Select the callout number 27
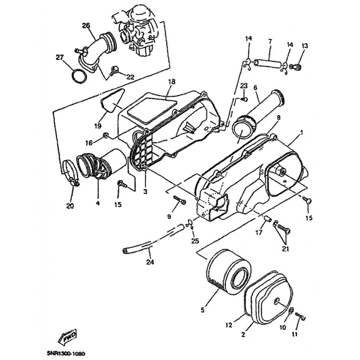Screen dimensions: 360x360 pyautogui.click(x=60, y=58)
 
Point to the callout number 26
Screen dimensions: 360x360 pyautogui.click(x=86, y=26)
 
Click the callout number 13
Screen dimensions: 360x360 pyautogui.click(x=305, y=46)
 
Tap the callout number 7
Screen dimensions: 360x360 pyautogui.click(x=270, y=41)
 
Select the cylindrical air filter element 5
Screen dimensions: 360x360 pyautogui.click(x=229, y=273)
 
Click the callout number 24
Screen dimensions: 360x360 pyautogui.click(x=150, y=262)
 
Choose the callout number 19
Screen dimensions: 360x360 pyautogui.click(x=98, y=126)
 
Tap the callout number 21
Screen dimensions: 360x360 pyautogui.click(x=285, y=249)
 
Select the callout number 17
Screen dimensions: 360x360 pyautogui.click(x=259, y=233)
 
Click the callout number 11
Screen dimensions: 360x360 pyautogui.click(x=295, y=334)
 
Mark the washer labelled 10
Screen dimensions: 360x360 pyautogui.click(x=290, y=311)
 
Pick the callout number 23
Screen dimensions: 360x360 pyautogui.click(x=244, y=86)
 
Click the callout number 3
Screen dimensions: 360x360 pyautogui.click(x=145, y=192)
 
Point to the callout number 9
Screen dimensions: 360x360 pyautogui.click(x=169, y=216)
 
